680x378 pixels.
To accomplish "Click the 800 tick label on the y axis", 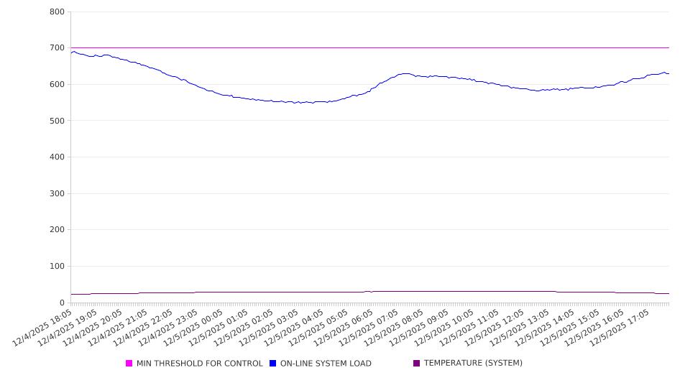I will coord(58,12).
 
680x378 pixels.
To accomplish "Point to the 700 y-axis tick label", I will coord(58,48).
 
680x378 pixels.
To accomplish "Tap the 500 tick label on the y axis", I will coord(58,121).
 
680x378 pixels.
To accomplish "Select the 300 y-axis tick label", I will coord(58,193).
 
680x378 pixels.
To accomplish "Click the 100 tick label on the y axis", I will coord(58,267).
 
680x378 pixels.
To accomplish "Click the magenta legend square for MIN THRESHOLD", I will coord(129,364).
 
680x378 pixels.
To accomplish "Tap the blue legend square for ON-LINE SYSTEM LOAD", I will coord(273,364).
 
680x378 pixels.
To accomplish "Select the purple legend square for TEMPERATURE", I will coord(417,364).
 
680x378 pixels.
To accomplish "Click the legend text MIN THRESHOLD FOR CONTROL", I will coord(199,364).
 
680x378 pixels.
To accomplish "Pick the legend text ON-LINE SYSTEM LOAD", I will coord(326,364).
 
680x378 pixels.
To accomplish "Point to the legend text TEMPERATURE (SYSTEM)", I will coord(473,364).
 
